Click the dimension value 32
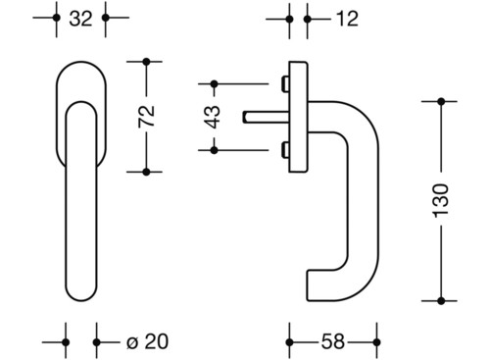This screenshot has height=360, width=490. (80, 19)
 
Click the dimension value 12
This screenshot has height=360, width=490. (347, 19)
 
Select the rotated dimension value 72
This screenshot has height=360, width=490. (146, 117)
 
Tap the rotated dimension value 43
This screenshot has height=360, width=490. (214, 117)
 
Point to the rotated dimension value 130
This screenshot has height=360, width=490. (441, 200)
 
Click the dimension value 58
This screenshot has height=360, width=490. (333, 341)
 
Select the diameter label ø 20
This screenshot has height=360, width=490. (147, 341)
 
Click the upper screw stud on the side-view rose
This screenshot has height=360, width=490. (285, 84)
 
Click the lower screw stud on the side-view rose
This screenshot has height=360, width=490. (285, 150)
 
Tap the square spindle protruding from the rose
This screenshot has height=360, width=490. (266, 118)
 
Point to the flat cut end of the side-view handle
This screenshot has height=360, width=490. (307, 285)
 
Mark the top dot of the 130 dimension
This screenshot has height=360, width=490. (441, 101)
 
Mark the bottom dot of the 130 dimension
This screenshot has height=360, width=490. (441, 301)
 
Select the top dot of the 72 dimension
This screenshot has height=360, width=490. (146, 62)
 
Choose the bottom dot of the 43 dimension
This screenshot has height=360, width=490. (214, 150)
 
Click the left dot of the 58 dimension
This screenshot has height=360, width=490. (289, 342)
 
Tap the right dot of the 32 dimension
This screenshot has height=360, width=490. (106, 18)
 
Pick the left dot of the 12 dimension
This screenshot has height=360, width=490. (289, 20)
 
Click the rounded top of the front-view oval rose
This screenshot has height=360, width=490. (81, 62)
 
